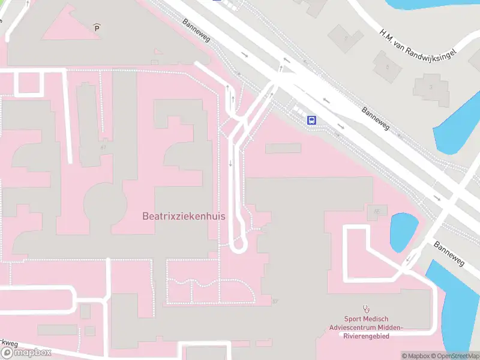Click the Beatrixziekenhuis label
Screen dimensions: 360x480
point(184,216)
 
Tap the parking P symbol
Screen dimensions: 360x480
point(97,27)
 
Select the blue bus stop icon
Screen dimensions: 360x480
point(312,120)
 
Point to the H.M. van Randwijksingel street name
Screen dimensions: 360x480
point(418,43)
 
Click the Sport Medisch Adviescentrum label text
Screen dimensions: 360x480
point(366,327)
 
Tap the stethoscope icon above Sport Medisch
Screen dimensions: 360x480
point(365,309)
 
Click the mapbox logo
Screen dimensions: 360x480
point(26,353)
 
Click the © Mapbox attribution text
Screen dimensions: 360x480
point(415,356)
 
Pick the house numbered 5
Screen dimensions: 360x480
point(387,66)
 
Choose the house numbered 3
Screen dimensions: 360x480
point(431,87)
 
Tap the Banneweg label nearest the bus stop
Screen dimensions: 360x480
point(376,119)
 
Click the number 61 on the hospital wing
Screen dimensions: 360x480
point(103,147)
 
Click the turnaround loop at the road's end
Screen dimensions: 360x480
point(239,243)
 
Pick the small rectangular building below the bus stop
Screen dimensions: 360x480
point(283,148)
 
